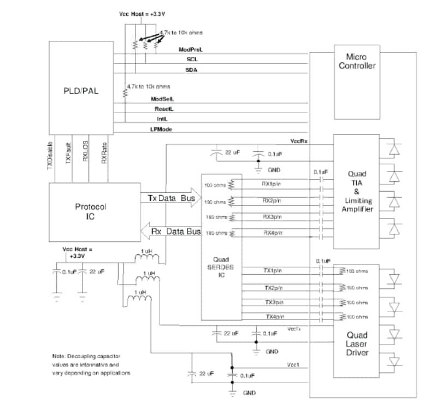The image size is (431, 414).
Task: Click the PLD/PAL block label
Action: coord(81,91)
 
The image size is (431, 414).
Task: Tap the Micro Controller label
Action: coord(357,61)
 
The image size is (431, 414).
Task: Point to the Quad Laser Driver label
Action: coord(357,344)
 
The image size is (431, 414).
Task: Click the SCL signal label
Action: coord(192,60)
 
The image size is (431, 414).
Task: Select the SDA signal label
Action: coord(192,70)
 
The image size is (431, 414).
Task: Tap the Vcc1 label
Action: coord(293,365)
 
